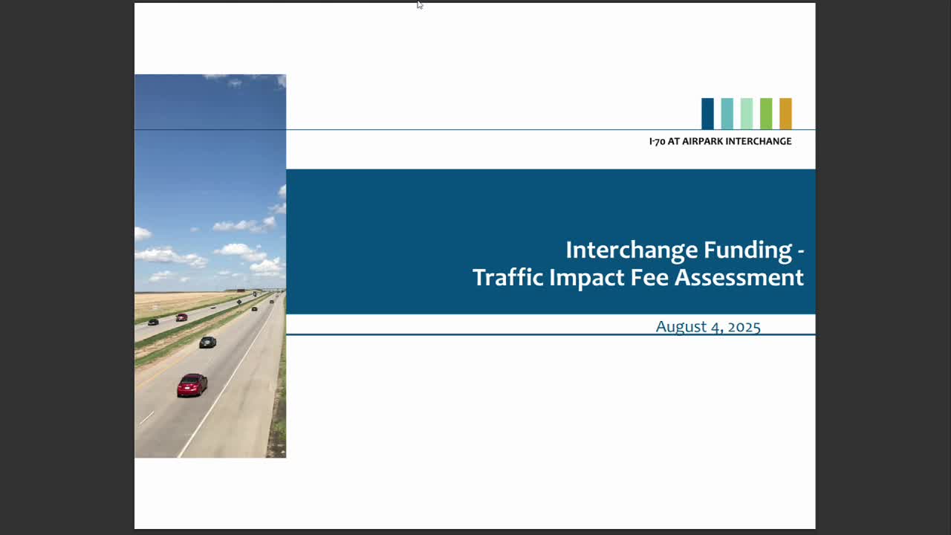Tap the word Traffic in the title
[507, 277]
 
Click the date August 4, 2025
[707, 326]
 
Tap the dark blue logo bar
[707, 114]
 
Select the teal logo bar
[727, 114]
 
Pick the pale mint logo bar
[746, 114]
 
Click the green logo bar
[765, 114]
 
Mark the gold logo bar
[785, 114]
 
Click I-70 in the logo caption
[657, 141]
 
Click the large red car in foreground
[192, 384]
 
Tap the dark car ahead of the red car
[207, 342]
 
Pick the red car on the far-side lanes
[181, 317]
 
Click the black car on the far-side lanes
[153, 322]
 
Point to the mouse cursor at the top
[419, 5]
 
